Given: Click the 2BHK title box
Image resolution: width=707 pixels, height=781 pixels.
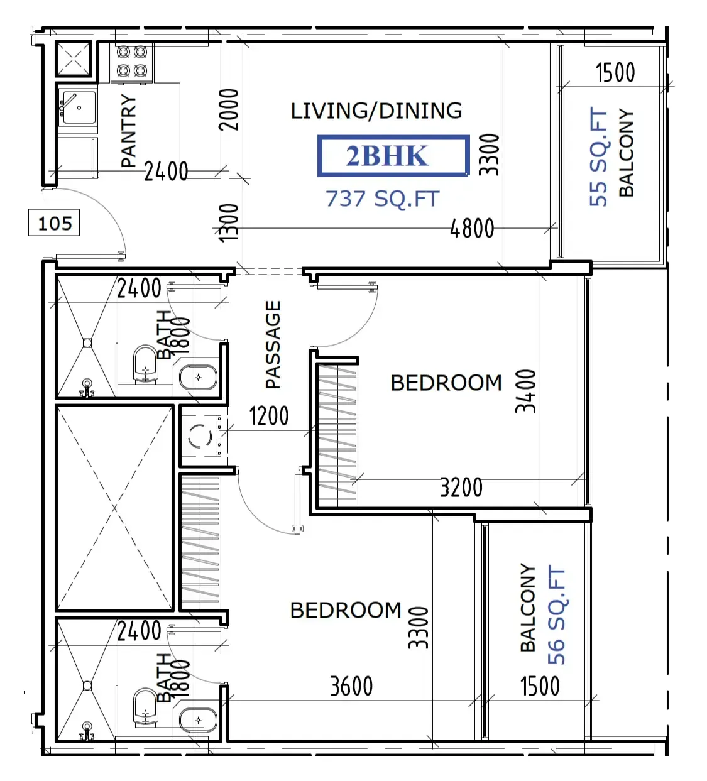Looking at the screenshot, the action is [393, 156].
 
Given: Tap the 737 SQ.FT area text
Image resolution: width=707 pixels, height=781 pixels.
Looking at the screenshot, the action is [383, 199].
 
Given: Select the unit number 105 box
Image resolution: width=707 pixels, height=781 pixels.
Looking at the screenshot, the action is [54, 222].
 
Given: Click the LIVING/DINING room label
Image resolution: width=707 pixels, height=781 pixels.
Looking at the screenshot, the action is [376, 111].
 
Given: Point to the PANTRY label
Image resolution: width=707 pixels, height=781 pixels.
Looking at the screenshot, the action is [129, 131].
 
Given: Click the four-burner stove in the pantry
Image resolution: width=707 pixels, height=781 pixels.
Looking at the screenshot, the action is [132, 62].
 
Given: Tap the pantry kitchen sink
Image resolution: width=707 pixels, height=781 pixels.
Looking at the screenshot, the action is [77, 107].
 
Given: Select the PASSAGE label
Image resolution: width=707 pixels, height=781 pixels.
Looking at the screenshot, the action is [273, 344].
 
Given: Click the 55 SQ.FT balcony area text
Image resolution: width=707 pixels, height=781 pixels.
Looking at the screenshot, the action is [598, 156].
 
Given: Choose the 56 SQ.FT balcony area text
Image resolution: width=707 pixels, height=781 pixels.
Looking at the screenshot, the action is [556, 616].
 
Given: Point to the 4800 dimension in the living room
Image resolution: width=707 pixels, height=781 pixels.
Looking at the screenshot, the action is [472, 228].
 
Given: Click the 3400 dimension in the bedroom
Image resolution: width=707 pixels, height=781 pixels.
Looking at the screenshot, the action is [526, 391].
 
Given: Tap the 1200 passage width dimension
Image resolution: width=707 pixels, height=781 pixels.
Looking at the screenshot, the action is [269, 416].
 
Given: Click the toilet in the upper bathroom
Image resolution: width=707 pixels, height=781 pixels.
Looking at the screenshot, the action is [145, 364].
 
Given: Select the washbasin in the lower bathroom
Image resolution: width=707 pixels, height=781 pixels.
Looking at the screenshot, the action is [198, 721].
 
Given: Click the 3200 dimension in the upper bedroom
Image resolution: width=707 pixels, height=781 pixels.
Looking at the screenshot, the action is [461, 488].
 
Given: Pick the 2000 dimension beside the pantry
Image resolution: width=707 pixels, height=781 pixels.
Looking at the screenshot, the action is [229, 110].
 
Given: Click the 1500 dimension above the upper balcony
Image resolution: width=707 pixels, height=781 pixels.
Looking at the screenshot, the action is [615, 72].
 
